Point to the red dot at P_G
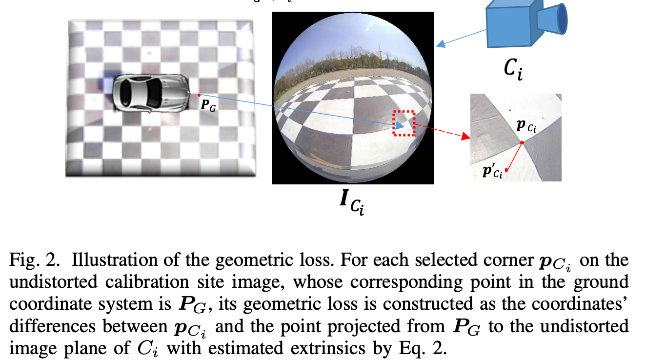click(x=199, y=95)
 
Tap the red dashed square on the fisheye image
click(x=404, y=123)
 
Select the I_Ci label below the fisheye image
click(x=353, y=202)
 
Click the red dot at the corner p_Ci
click(x=522, y=143)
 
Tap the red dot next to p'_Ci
click(x=507, y=170)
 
